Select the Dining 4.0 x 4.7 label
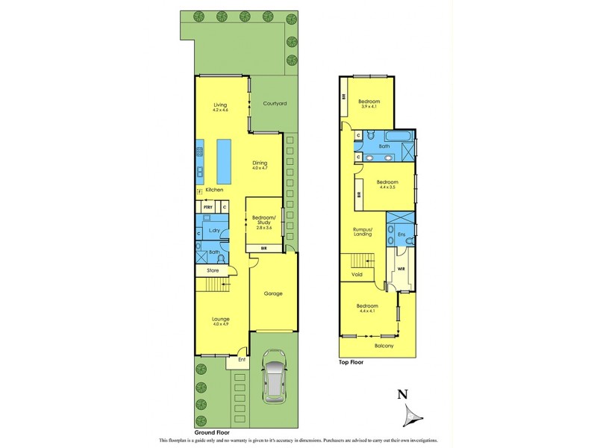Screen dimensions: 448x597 260,166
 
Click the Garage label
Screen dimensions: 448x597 273,293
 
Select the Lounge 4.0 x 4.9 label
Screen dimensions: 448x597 220,322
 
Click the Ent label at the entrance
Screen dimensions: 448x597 242,360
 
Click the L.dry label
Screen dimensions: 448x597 213,230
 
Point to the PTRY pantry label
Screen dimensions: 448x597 208,206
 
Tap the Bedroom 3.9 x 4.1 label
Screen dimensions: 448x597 369,104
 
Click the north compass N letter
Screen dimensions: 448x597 402,395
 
